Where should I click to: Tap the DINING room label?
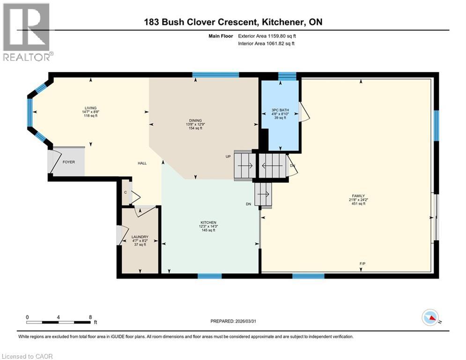tap(195, 120)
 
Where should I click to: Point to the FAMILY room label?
tap(358, 196)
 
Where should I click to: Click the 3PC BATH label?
tap(281, 110)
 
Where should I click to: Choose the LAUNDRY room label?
tap(140, 237)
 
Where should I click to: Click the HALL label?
tap(142, 163)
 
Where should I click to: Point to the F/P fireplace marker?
tap(362, 264)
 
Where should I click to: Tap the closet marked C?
tap(125, 192)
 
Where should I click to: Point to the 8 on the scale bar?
tap(90, 317)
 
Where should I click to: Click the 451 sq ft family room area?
tap(358, 204)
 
